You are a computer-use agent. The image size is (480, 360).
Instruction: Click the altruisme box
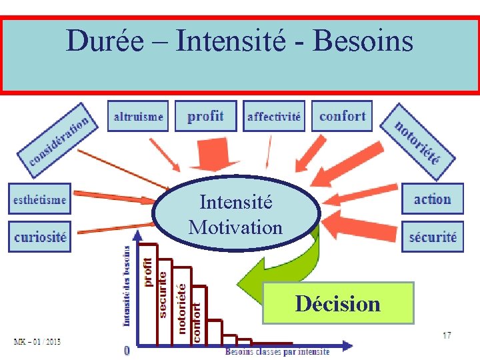[139, 117]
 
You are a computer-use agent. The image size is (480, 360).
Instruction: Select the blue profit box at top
[205, 117]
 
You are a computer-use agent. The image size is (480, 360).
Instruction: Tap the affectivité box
[273, 117]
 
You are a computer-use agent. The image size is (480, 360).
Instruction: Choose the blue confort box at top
[342, 117]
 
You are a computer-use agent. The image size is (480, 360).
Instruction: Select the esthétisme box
[39, 199]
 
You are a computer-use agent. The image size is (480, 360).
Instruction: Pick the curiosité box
[40, 237]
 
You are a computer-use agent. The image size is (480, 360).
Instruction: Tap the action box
[432, 199]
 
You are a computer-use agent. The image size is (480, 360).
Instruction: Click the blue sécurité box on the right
[432, 237]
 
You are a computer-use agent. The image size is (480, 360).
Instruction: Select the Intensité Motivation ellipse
[236, 214]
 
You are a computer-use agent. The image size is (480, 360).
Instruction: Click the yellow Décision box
[338, 303]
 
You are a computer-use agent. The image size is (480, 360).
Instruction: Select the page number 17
[447, 335]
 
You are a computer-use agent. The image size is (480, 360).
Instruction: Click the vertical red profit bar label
[148, 272]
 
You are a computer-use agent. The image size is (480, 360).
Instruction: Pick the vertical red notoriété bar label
[180, 308]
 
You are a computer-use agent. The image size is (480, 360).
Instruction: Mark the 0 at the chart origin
[127, 350]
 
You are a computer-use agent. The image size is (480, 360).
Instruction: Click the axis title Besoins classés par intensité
[277, 351]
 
